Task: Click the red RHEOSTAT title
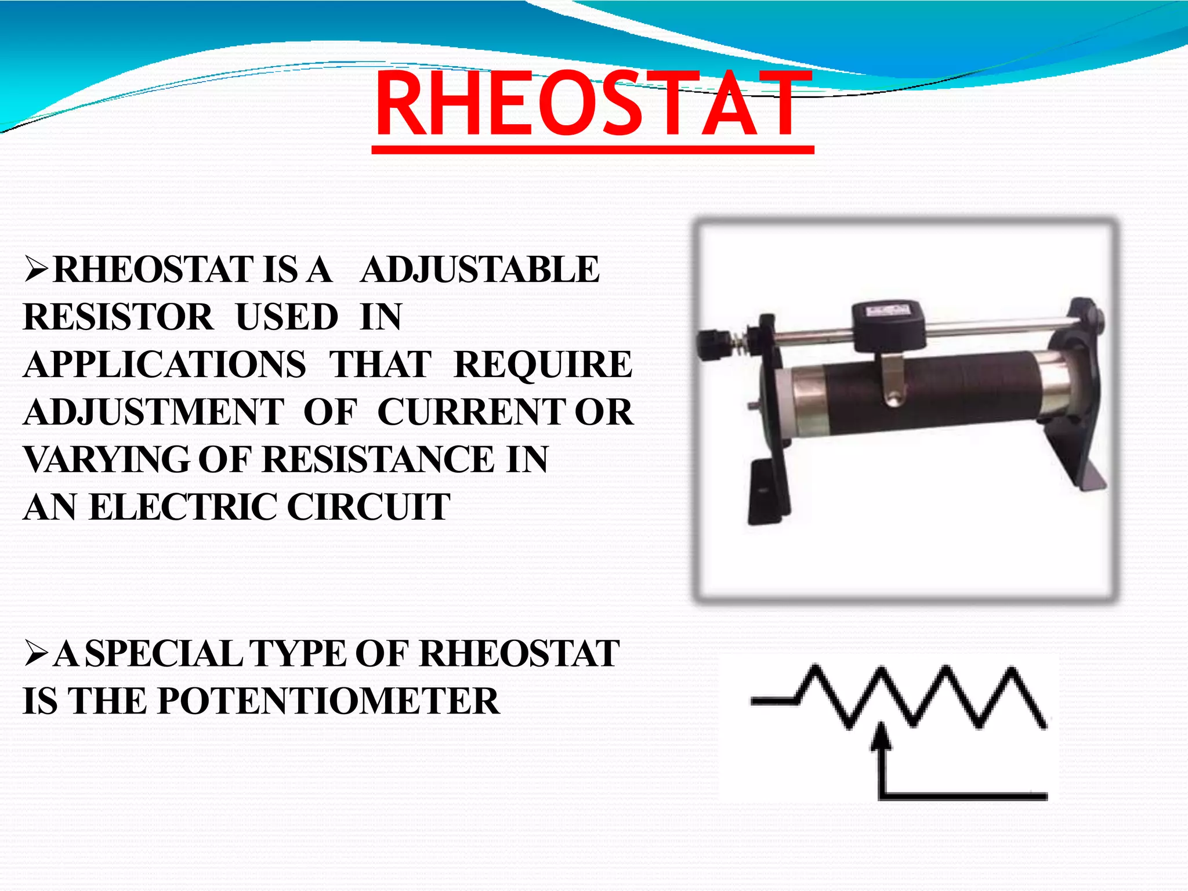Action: (593, 106)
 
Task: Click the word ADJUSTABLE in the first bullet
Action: (479, 270)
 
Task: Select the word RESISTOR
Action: (118, 317)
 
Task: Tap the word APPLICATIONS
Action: (165, 365)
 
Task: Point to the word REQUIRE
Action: (543, 365)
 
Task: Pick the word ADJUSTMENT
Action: (154, 412)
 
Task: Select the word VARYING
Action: (106, 460)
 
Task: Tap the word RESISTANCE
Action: (379, 460)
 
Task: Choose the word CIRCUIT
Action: (369, 507)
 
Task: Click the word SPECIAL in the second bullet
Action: (163, 654)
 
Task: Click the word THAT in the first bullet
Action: (381, 365)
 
